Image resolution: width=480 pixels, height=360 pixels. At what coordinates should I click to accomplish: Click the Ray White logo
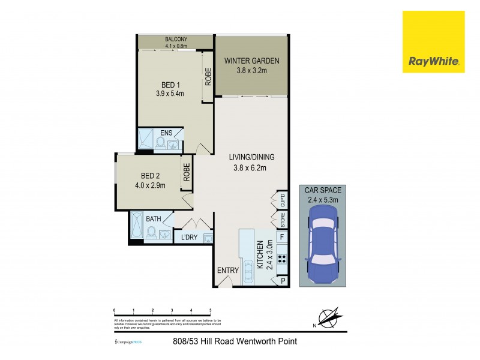(x=433, y=42)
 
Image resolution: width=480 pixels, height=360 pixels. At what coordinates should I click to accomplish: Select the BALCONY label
(x=176, y=40)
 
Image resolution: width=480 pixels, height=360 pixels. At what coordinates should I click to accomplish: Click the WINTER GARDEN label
(x=252, y=61)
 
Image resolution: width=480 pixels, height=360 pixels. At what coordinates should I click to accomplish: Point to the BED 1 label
(x=170, y=84)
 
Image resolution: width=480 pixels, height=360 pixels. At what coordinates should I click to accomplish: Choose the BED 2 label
(x=149, y=176)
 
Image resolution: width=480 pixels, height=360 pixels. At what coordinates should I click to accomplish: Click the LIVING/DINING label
(x=252, y=157)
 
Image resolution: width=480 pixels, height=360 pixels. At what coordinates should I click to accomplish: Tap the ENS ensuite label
(x=166, y=133)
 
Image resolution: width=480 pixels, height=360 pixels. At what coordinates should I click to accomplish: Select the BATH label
(x=153, y=219)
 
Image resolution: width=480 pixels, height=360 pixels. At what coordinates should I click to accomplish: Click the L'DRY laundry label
(x=190, y=238)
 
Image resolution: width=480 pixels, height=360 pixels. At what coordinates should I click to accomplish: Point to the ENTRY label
(x=228, y=271)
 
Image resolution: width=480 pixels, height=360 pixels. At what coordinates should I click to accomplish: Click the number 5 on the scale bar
(x=210, y=310)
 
